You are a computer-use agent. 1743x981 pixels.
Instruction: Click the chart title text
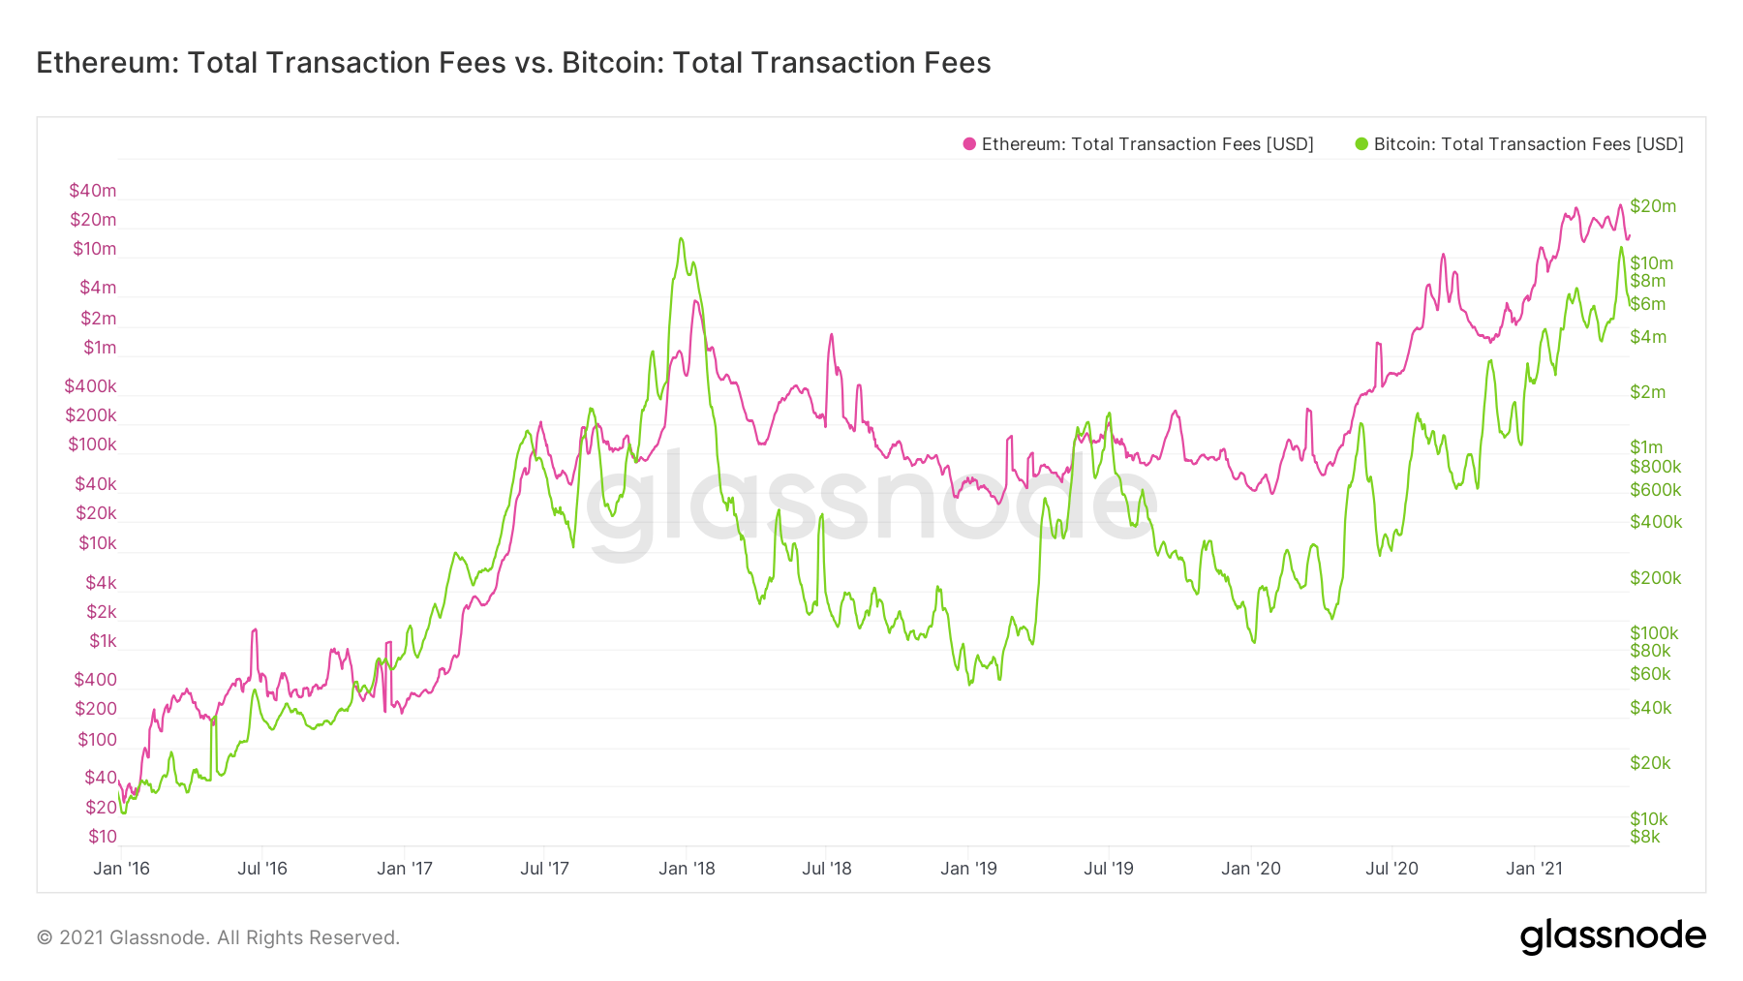tap(513, 63)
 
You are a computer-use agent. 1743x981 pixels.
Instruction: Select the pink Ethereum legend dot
tap(969, 144)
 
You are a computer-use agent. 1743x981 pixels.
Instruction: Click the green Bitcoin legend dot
tap(1361, 144)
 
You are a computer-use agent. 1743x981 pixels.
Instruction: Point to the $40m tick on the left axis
tap(92, 191)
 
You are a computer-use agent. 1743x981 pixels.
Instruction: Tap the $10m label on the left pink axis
tap(94, 249)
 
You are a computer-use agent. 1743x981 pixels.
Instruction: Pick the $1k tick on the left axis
tap(103, 641)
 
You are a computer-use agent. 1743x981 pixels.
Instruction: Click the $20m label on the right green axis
tap(1653, 206)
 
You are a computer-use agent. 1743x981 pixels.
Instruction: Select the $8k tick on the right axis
tap(1645, 837)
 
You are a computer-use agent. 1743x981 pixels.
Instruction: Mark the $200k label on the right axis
tap(1656, 578)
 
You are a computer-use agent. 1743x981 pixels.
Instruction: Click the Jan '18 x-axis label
tap(687, 869)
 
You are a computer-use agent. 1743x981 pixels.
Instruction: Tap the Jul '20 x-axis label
tap(1391, 869)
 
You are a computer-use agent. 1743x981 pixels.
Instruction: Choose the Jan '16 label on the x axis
tap(121, 869)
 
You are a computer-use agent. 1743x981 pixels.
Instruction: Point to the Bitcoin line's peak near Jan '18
tap(682, 238)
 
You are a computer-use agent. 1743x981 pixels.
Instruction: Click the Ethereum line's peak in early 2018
tap(695, 301)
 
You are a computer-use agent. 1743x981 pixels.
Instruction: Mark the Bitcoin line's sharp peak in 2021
tap(1621, 247)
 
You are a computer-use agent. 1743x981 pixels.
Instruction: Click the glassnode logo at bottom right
tap(1613, 936)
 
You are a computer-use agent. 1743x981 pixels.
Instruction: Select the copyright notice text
tap(218, 937)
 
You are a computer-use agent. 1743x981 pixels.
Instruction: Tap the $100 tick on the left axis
tap(97, 740)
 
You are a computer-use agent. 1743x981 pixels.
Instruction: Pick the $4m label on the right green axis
tap(1648, 337)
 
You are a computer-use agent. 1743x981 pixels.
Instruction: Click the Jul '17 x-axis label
tap(544, 869)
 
